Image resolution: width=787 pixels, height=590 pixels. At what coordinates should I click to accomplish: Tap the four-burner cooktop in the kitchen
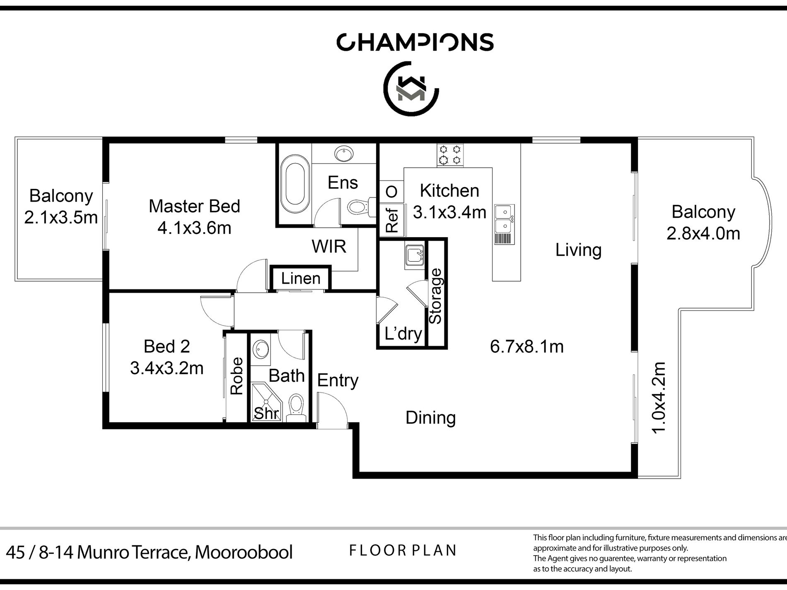[450, 154]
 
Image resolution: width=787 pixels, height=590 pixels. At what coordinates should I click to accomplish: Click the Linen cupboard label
[301, 278]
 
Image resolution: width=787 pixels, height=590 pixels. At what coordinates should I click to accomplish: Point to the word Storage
[436, 296]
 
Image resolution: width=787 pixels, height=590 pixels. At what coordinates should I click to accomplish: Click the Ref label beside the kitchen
[391, 220]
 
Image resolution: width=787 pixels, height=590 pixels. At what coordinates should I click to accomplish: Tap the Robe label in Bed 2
[236, 376]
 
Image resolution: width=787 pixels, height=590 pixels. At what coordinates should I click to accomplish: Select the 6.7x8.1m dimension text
[527, 347]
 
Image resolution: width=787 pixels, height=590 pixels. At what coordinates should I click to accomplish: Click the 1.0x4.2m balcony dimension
[658, 397]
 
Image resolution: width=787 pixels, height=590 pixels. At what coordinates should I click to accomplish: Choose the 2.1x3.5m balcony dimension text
[61, 217]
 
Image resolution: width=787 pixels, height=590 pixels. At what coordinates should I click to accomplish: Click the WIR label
[329, 247]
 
